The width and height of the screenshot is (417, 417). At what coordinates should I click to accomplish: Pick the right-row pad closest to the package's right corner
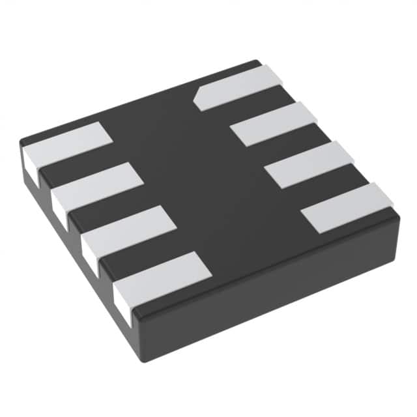click(x=348, y=207)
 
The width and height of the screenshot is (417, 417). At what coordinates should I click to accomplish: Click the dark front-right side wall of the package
click(x=274, y=293)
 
